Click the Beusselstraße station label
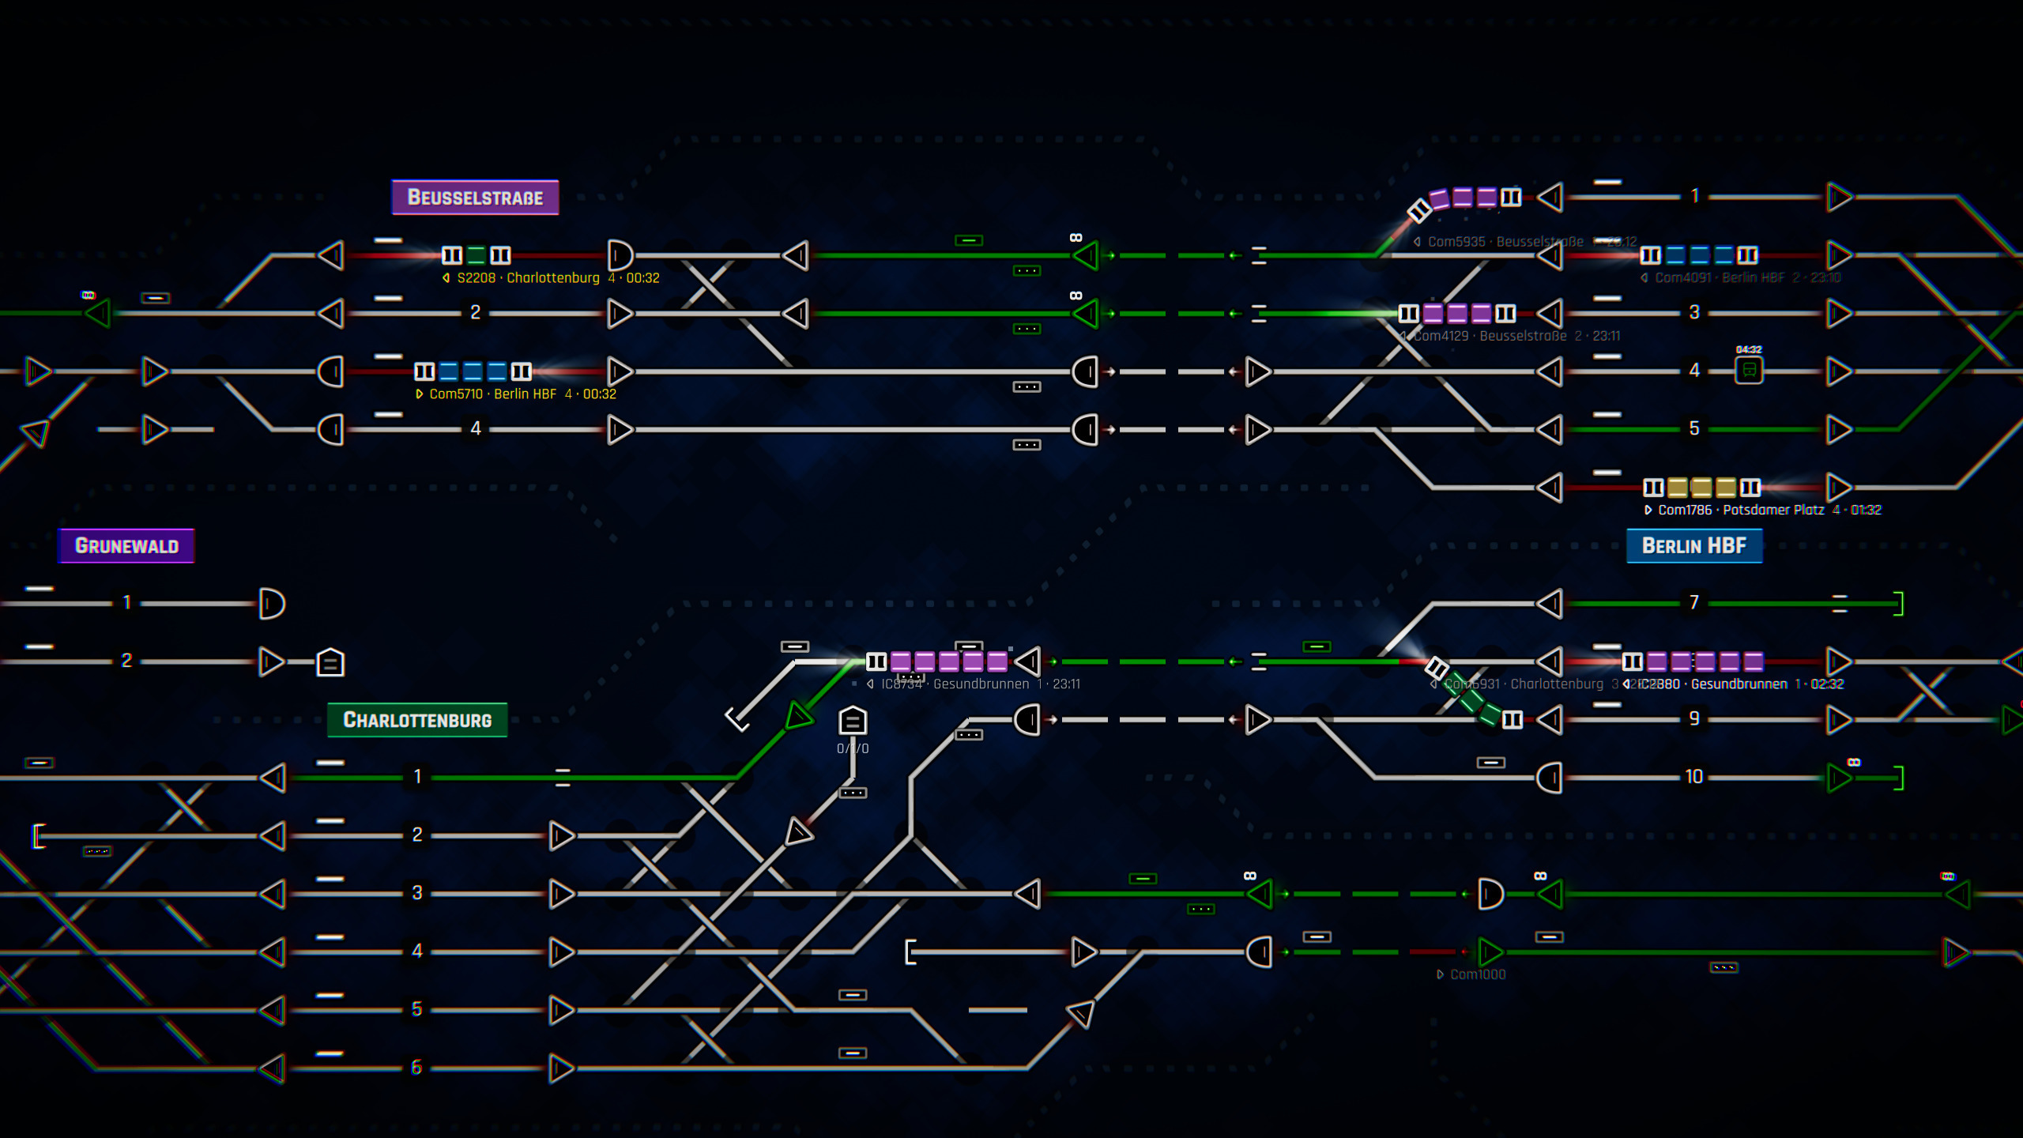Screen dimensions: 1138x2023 click(x=475, y=198)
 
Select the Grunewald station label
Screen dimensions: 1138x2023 click(x=126, y=546)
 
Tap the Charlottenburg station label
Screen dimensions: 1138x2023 click(x=417, y=720)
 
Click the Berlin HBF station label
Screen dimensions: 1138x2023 click(x=1693, y=546)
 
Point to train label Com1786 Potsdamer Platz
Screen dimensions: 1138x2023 click(x=1763, y=511)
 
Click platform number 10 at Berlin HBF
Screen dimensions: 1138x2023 click(x=1693, y=777)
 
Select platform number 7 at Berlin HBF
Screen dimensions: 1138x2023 click(x=1693, y=603)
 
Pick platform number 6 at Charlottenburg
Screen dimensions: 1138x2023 click(x=416, y=1068)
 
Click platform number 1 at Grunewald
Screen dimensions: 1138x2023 click(x=126, y=603)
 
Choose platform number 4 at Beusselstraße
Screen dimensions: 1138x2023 click(x=475, y=429)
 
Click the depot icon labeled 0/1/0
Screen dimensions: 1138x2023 click(x=853, y=721)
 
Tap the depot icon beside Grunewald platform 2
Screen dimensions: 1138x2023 click(x=330, y=662)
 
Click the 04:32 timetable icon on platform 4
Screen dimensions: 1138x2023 click(x=1749, y=370)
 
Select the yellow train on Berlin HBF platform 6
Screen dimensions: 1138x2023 click(x=1701, y=488)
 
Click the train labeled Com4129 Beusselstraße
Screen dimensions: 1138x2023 click(x=1456, y=314)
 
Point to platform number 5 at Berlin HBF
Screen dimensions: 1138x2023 click(x=1693, y=429)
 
